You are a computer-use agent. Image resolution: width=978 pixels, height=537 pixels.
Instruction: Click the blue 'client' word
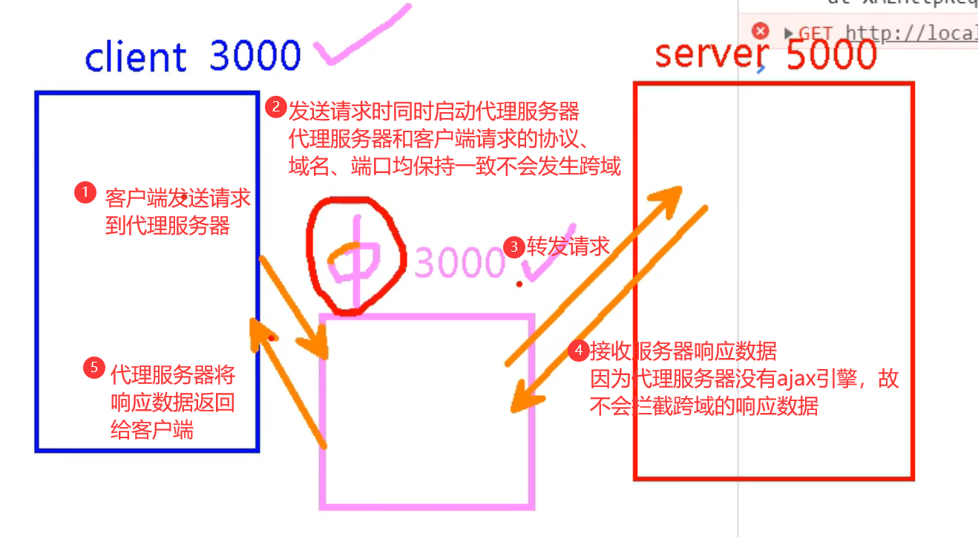tap(136, 57)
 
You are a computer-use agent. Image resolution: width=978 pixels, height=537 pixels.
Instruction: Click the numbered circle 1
tap(85, 193)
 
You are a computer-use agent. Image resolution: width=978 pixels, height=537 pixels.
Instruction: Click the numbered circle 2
tap(276, 108)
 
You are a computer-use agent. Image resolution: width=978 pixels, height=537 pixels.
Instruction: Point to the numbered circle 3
tap(513, 247)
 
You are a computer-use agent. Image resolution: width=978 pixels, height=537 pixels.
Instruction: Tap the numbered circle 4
tap(579, 351)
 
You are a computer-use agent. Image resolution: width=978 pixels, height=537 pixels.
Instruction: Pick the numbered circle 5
tap(93, 368)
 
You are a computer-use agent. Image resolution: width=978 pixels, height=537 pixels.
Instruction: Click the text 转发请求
tap(568, 247)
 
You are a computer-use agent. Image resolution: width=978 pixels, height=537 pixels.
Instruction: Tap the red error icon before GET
tap(760, 31)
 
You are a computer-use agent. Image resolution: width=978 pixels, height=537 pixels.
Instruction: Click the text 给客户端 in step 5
tap(152, 430)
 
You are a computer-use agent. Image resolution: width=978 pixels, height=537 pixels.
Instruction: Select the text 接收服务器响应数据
tap(683, 351)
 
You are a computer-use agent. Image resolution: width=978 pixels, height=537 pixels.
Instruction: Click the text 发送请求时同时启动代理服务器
tap(433, 111)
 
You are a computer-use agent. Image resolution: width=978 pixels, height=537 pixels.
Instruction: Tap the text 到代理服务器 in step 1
tap(168, 226)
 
